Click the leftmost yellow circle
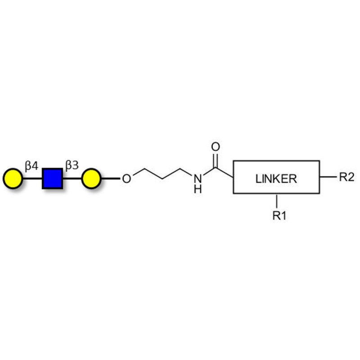pos(13,179)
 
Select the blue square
pos(52,179)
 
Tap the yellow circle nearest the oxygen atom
pos(91,179)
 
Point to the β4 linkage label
pos(31,166)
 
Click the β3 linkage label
pos(72,165)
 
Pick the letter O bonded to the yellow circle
pos(126,179)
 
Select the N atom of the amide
pos(198,178)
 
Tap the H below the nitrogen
pos(198,189)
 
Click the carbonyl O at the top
pos(216,147)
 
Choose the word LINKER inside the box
pos(276,179)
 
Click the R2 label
pos(346,177)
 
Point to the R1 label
pos(279,216)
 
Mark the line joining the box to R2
pos(328,177)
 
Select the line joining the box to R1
pos(277,201)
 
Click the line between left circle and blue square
pos(32,179)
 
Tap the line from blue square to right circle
pos(72,179)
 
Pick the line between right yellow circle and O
pos(111,178)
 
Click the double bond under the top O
pos(216,161)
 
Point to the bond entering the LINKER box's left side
pos(224,173)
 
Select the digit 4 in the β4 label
pos(35,165)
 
